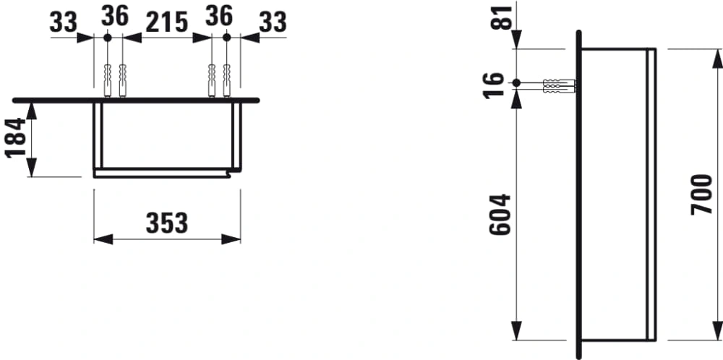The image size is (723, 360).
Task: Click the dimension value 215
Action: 167,22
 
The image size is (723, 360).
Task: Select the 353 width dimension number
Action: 167,223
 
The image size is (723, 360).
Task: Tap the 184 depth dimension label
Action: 16,138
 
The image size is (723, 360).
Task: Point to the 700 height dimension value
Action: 702,194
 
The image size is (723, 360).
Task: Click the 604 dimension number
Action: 500,215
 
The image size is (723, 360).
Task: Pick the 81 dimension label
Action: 502,17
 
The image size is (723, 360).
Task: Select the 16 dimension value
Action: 494,86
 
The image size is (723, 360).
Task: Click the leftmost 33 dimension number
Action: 63,22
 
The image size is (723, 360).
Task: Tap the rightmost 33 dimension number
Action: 273,22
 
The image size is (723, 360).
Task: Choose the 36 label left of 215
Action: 115,16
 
